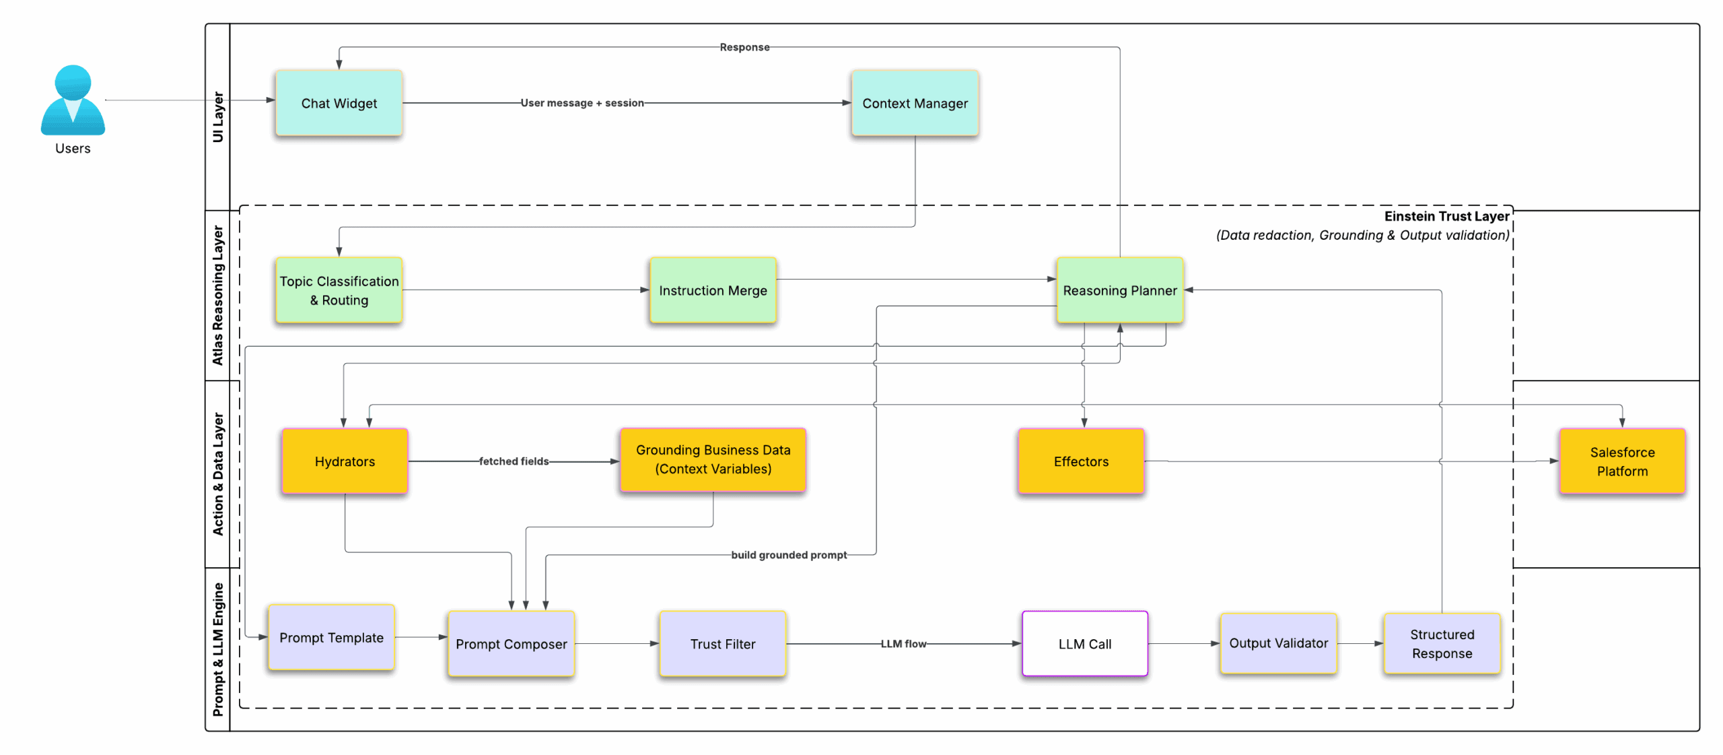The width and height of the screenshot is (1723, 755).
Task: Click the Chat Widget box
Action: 339,103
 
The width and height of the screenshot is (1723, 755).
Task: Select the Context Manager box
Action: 914,103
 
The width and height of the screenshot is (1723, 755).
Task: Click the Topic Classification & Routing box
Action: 339,290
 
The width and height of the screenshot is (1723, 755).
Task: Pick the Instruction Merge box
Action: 712,290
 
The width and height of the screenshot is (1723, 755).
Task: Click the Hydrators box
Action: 345,461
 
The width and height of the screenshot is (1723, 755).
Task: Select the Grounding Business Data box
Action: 712,459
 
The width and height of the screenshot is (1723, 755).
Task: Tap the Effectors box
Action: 1080,461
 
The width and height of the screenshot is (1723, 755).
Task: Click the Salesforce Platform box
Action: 1621,461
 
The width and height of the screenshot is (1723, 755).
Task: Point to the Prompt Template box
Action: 331,637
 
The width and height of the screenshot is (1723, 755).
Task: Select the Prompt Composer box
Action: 511,644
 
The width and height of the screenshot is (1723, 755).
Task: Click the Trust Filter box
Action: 722,644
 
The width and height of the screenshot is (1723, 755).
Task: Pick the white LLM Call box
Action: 1084,644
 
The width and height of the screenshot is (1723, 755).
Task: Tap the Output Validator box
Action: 1277,643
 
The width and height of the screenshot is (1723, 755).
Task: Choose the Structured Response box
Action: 1441,643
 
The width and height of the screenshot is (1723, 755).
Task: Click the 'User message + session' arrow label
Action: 582,103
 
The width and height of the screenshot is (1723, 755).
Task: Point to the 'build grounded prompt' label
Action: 788,555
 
